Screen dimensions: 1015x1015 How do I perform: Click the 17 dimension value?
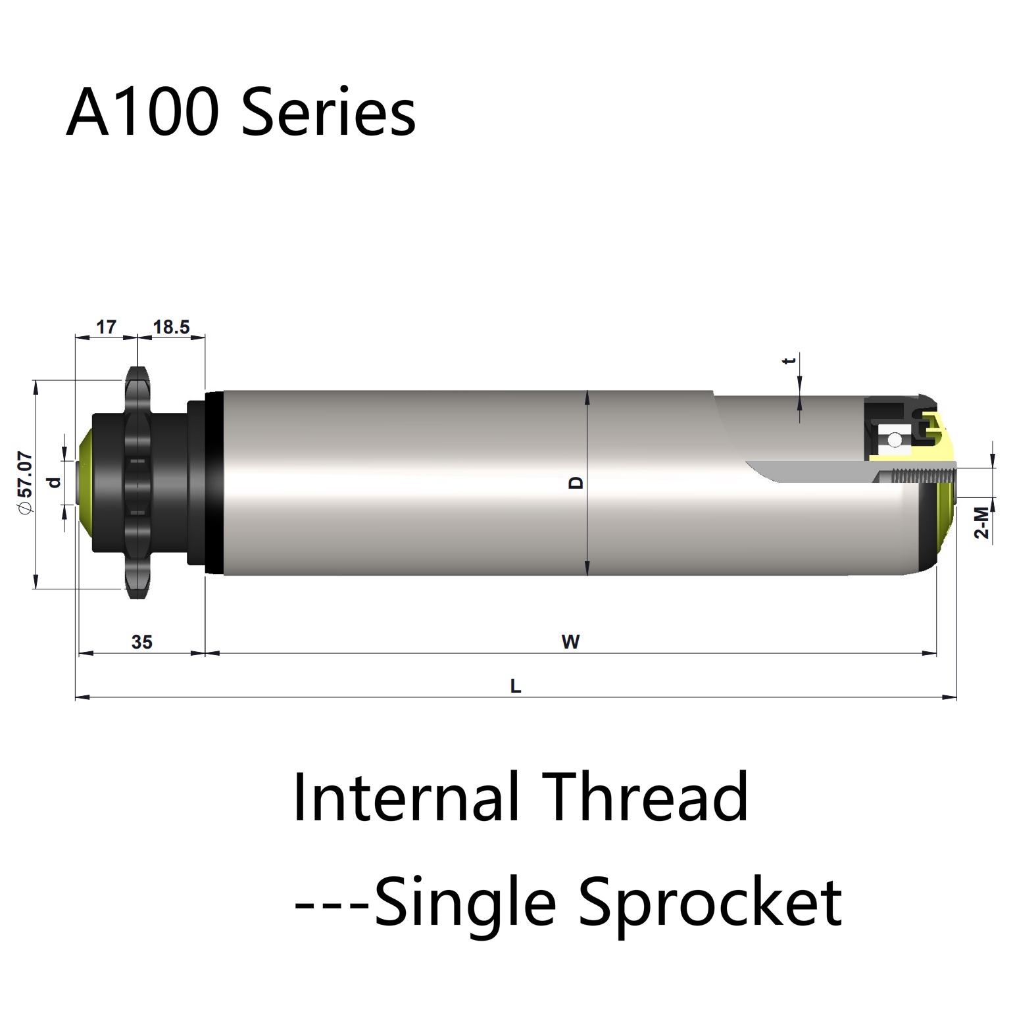pos(106,326)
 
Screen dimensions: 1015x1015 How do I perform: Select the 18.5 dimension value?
pos(171,326)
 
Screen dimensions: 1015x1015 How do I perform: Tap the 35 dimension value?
pos(141,641)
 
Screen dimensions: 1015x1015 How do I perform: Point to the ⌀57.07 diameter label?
pos(24,483)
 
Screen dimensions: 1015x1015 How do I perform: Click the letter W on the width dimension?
pos(570,641)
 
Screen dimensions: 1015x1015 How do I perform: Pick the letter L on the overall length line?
pos(516,687)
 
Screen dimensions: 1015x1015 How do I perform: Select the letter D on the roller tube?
pos(576,483)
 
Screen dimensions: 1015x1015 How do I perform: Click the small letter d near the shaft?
pos(55,483)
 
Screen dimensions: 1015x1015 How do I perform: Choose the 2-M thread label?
pos(981,522)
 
